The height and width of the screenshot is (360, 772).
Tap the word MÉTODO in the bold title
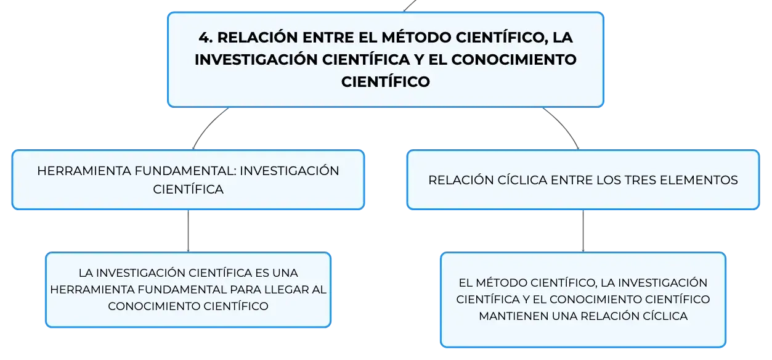click(416, 37)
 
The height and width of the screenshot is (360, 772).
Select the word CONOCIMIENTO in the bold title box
click(514, 60)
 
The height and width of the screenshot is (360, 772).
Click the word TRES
click(640, 180)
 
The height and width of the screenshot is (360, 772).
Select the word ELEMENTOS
click(699, 180)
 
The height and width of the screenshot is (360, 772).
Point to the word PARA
click(245, 290)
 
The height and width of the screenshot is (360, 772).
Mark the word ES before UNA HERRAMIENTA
click(262, 273)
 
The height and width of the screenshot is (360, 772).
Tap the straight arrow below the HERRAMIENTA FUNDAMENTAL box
click(188, 231)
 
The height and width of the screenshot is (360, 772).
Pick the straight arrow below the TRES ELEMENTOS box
click(583, 231)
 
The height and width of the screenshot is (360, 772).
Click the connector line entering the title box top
click(410, 6)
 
